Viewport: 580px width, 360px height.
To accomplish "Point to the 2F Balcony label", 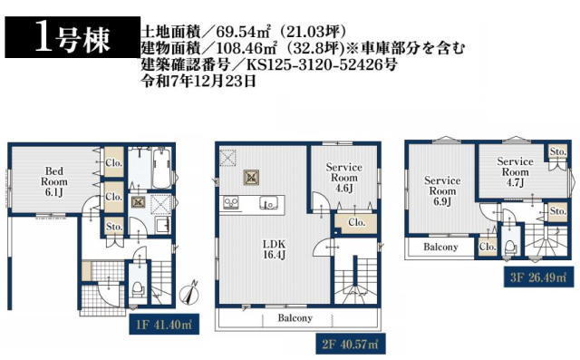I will [295, 318].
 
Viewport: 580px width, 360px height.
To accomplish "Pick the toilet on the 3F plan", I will [511, 245].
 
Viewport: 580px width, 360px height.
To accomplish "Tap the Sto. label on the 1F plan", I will [114, 226].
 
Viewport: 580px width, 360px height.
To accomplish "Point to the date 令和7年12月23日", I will [199, 81].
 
